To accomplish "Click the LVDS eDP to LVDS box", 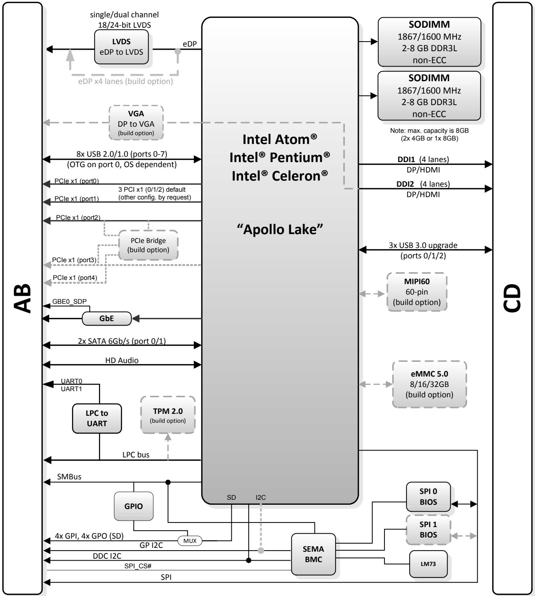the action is (121, 47).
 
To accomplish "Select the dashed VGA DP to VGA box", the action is (136, 123).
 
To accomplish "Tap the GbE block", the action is (107, 318).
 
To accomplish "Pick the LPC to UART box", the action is (97, 419).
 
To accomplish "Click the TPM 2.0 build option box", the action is (168, 415).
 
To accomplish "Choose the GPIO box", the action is (134, 506).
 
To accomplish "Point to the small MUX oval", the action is (190, 541).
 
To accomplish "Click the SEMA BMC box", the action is (313, 554).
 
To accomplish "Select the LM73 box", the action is (428, 564).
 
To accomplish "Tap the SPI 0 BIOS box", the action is (428, 497).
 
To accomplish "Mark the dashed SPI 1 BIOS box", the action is (428, 529).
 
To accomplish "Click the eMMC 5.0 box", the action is (430, 384).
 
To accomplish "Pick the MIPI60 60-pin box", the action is (417, 292).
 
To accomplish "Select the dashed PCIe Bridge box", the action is (148, 245).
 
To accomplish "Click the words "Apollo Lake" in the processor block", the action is (280, 229).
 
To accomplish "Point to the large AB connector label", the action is (22, 298).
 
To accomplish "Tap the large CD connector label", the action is (512, 298).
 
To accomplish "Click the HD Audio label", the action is (122, 360).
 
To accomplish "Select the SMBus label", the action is (69, 477).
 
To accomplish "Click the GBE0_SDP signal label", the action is (69, 301).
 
